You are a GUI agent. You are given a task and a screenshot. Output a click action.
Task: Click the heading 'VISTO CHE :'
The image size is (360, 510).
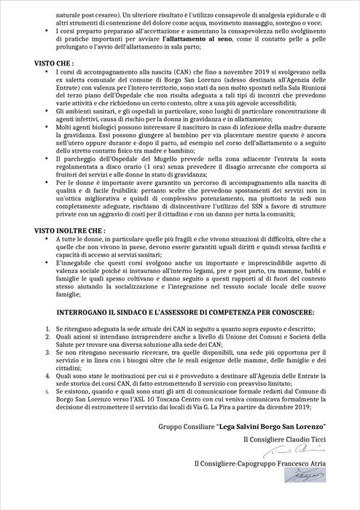(35, 64)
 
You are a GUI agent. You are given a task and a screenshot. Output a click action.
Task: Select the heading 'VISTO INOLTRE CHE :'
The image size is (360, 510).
(50, 229)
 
